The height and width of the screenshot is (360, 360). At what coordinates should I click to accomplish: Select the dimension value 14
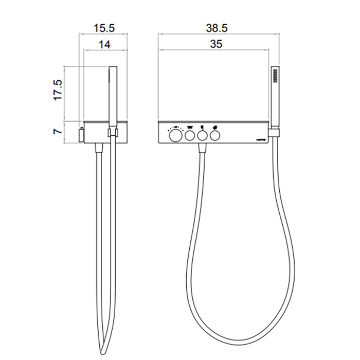(x=104, y=45)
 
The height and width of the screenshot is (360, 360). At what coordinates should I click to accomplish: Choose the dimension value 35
(x=216, y=45)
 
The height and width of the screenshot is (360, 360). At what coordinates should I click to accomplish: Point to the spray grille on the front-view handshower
(x=275, y=77)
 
